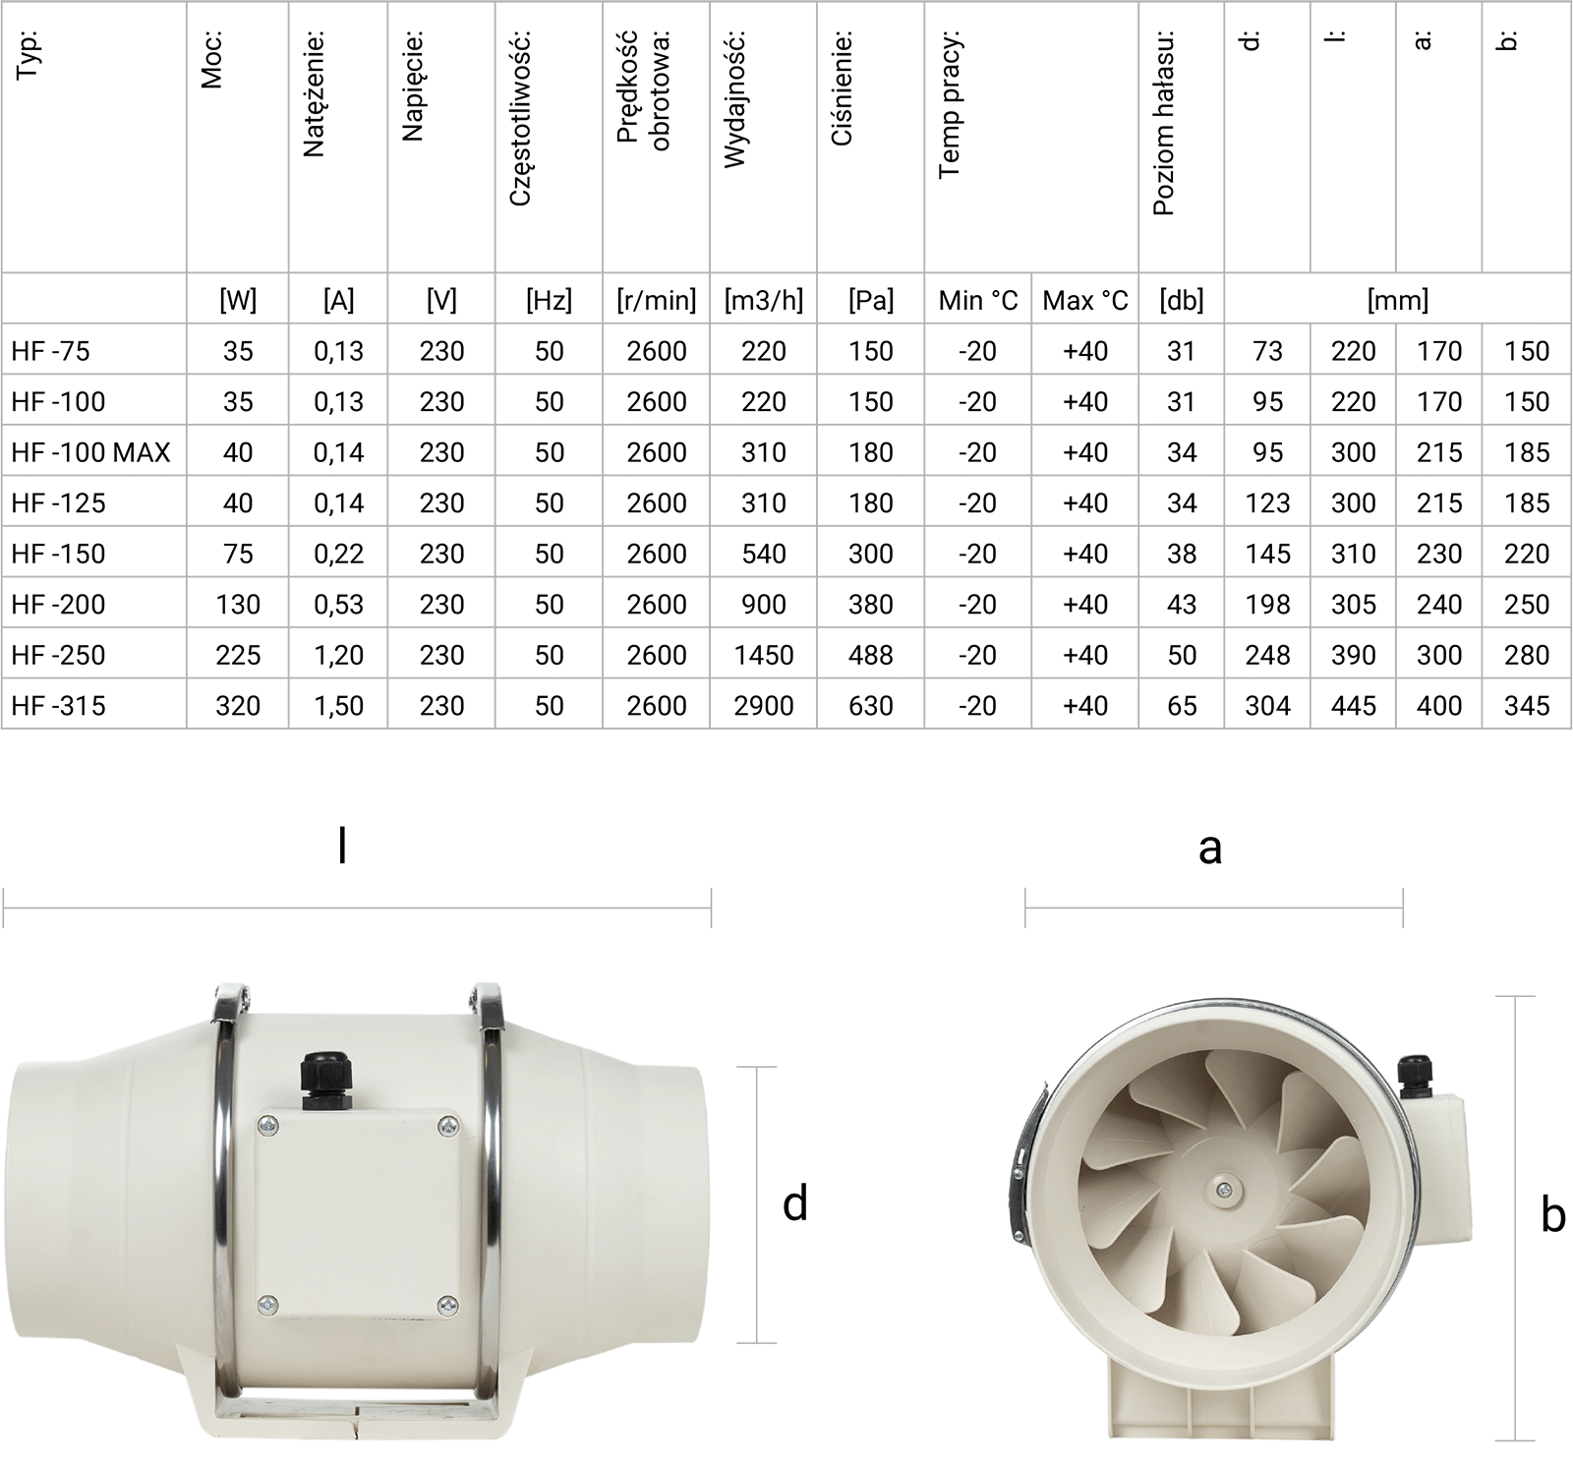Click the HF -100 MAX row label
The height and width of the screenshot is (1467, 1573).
click(x=90, y=452)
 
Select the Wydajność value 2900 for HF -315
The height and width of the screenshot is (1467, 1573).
click(x=764, y=706)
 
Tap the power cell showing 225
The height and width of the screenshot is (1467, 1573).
click(x=238, y=655)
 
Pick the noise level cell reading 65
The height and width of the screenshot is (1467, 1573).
click(x=1182, y=706)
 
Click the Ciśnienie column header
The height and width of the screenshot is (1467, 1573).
click(x=842, y=88)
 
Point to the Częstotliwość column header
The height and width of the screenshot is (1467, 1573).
click(x=520, y=118)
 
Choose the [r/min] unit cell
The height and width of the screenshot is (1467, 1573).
click(x=656, y=300)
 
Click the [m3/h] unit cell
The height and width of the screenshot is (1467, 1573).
click(x=764, y=300)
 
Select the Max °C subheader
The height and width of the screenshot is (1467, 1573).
click(x=1085, y=300)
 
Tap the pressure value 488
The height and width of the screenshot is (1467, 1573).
click(x=871, y=655)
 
